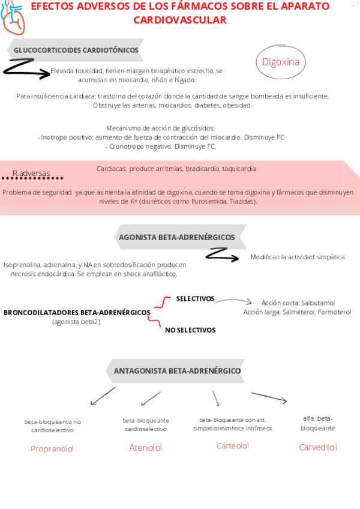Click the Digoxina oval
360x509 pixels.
[281, 62]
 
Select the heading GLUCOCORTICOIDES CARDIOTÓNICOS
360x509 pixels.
[76, 50]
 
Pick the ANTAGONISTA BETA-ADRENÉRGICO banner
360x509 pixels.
[177, 371]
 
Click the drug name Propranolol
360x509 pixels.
[52, 449]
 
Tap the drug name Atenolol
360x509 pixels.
[146, 448]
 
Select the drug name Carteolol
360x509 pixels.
[233, 446]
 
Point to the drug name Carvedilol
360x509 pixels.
[318, 447]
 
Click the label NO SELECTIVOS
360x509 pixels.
[190, 330]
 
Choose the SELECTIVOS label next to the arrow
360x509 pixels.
[195, 298]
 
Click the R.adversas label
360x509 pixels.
[31, 173]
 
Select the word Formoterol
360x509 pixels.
[335, 312]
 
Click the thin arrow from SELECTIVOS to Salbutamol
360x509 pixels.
[234, 301]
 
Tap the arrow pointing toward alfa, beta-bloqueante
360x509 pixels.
[269, 397]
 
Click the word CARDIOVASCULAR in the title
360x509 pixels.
[180, 20]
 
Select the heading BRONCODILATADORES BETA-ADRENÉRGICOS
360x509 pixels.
[77, 313]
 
